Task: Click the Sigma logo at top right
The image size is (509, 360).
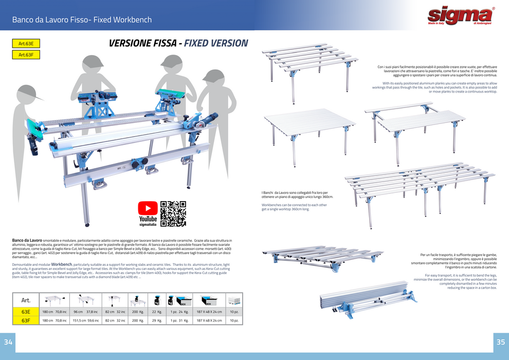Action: [x=461, y=16]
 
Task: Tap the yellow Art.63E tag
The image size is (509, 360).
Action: [x=26, y=44]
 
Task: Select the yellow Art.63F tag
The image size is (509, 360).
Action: [x=26, y=55]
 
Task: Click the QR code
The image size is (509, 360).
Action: [x=173, y=213]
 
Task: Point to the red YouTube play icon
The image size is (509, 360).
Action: [x=148, y=208]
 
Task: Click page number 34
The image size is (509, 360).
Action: [x=8, y=342]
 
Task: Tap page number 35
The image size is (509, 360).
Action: [x=500, y=342]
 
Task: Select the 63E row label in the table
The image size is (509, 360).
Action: [x=26, y=312]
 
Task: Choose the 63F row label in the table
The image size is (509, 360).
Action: [x=26, y=320]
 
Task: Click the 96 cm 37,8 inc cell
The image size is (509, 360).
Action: [x=85, y=312]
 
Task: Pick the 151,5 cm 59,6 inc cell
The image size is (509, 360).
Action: [x=85, y=320]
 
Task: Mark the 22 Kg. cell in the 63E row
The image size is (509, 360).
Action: [x=157, y=312]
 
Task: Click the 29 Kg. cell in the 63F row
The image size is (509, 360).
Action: [x=157, y=320]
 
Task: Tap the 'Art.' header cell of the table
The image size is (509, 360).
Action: [x=26, y=300]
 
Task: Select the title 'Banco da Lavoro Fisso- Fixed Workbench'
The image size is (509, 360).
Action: [x=82, y=20]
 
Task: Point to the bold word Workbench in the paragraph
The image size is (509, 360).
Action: [x=62, y=264]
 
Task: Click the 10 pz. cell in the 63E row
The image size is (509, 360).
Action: [x=234, y=312]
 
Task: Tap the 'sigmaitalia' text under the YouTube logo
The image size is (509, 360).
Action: [x=148, y=225]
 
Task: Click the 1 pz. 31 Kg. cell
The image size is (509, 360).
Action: [x=180, y=320]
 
